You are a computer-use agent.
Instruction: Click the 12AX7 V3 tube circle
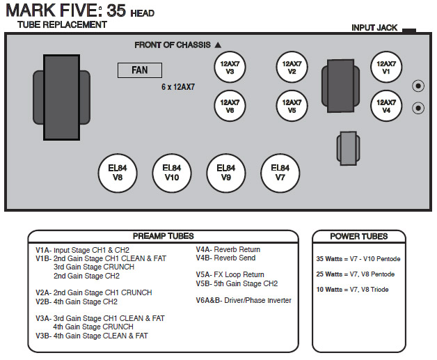230,68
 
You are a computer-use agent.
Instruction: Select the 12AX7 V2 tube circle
292,68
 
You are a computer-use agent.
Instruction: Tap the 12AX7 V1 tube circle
386,68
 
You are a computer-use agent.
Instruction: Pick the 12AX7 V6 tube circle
230,106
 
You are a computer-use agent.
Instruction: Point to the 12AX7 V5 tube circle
292,106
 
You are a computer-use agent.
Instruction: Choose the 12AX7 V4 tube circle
386,106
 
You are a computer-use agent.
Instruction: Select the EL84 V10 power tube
171,171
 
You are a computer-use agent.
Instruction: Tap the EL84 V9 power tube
225,171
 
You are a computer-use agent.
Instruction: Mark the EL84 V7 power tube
280,171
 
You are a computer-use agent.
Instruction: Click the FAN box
139,70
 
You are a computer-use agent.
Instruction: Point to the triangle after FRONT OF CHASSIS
218,45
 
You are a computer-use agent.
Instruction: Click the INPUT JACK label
374,28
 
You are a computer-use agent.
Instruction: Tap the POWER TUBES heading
358,236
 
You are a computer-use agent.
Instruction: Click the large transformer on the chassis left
62,97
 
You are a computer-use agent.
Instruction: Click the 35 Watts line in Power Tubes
358,259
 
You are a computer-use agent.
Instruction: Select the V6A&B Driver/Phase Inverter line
244,301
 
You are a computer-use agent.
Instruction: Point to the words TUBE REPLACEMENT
63,25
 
